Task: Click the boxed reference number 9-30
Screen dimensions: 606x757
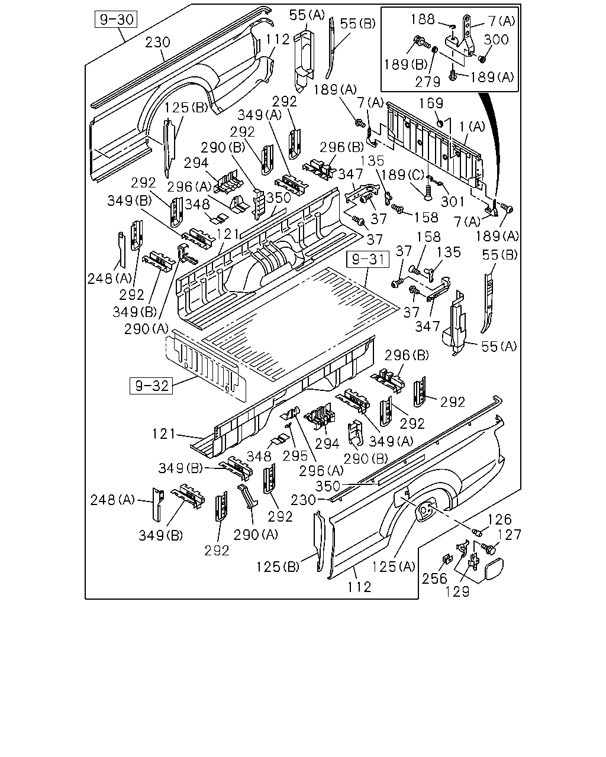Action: coord(116,20)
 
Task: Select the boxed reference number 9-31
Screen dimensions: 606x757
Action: coord(368,259)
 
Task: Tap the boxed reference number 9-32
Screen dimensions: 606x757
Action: coord(151,386)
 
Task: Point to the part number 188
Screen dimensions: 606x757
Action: coord(423,20)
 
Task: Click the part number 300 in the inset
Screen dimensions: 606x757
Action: coord(496,40)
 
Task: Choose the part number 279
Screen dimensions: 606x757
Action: coord(427,82)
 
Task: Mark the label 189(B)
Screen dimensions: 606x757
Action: coord(405,64)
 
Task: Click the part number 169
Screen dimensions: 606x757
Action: coord(431,103)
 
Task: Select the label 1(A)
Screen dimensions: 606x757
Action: coord(472,127)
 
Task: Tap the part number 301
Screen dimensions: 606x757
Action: coord(453,202)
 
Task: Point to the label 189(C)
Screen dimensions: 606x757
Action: coord(402,175)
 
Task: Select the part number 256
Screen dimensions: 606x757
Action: coord(434,578)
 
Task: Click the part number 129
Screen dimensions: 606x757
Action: coord(457,591)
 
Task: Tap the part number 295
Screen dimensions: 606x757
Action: coord(295,456)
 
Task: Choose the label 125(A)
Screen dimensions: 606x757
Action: coord(394,567)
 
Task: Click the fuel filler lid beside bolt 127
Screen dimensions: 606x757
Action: coord(494,568)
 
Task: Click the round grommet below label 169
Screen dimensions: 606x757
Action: coord(440,123)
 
